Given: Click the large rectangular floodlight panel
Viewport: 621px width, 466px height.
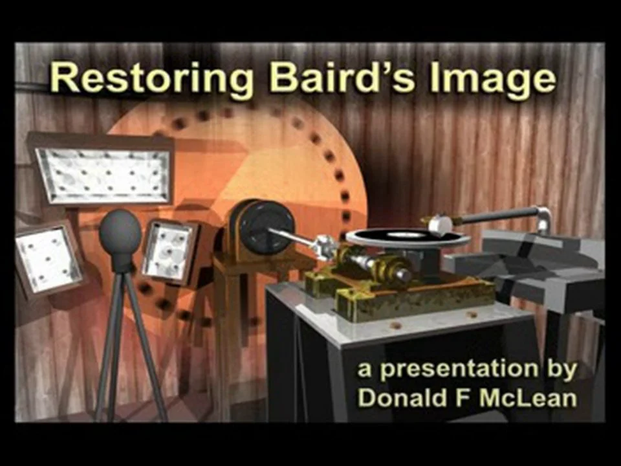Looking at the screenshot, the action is click(104, 175).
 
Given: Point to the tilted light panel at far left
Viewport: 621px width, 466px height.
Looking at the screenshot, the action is click(47, 260).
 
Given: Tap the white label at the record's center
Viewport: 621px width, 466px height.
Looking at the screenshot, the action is click(406, 235).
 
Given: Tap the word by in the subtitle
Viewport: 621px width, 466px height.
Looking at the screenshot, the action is click(561, 370).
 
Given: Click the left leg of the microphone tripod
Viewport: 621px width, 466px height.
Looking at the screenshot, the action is click(106, 345).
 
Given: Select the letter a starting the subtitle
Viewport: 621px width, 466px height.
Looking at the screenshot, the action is click(365, 371).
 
